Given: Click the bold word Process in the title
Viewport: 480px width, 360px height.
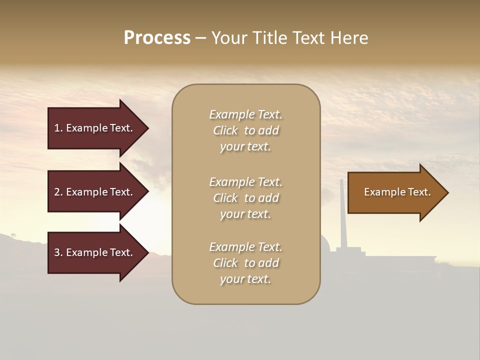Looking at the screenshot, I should point(157,38).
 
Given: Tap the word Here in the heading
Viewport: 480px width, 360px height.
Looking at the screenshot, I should point(348,38).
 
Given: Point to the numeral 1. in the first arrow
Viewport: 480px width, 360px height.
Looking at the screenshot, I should point(58,128).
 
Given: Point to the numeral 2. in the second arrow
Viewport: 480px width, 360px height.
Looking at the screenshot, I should point(58,192).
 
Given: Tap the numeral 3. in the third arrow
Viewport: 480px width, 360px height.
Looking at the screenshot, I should point(58,252).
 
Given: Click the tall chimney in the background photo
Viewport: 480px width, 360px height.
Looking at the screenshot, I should point(342,215).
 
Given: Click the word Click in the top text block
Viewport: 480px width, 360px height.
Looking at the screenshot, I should point(225,130).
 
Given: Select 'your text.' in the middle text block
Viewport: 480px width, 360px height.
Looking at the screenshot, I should point(245,214).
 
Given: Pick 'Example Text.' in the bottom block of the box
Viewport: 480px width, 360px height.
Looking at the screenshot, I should point(245,247).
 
